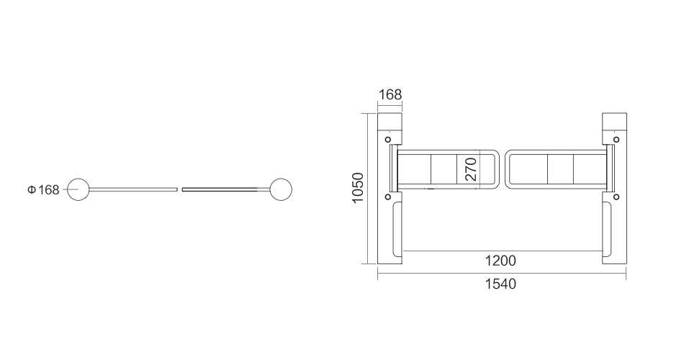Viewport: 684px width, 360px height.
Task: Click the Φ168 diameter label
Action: (x=43, y=190)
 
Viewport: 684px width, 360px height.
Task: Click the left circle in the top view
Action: (x=78, y=179)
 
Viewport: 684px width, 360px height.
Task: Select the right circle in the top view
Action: (x=281, y=179)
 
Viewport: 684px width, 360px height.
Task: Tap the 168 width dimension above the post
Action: (x=390, y=94)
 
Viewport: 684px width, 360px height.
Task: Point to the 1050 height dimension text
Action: (x=358, y=188)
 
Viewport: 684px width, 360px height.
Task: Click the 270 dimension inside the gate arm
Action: (x=471, y=169)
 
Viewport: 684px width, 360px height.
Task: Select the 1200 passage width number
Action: (x=500, y=261)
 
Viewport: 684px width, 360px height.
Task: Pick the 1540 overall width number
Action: (x=500, y=284)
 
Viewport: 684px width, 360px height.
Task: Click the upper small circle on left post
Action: (x=388, y=140)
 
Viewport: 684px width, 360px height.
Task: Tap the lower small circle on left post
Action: (x=388, y=197)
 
